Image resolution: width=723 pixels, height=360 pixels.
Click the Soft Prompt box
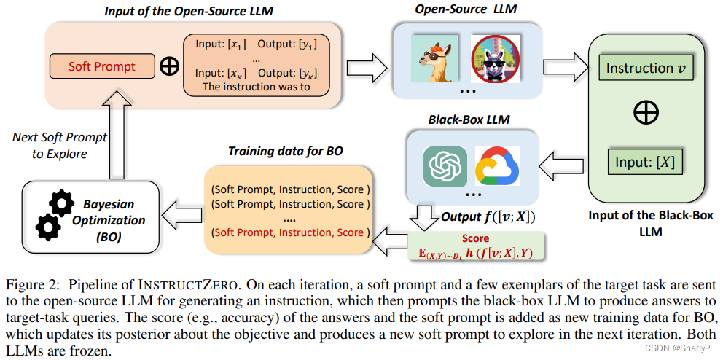click(101, 66)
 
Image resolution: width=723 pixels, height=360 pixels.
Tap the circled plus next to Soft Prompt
click(169, 66)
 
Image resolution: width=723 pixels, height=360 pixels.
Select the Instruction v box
click(645, 69)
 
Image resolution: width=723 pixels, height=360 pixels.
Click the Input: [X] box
click(645, 163)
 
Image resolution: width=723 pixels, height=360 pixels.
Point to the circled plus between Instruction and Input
click(646, 114)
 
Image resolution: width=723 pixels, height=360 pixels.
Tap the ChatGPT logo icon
click(445, 165)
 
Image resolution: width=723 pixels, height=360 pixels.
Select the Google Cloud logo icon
click(499, 165)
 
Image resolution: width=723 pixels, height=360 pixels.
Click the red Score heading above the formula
click(475, 238)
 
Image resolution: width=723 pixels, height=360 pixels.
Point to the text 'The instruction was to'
click(256, 87)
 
